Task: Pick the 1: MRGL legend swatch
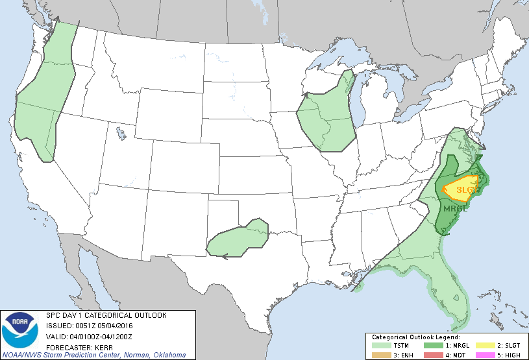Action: [x=429, y=346]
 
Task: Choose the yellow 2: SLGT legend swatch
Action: [x=482, y=346]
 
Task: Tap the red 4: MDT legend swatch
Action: [x=429, y=355]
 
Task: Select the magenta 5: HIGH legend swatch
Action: [x=482, y=355]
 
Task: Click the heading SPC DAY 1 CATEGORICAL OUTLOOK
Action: [x=106, y=316]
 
